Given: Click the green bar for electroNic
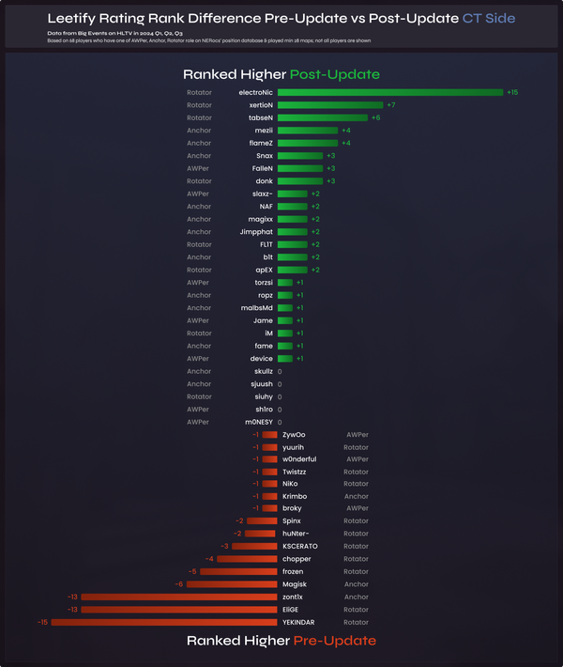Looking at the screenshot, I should pyautogui.click(x=390, y=92).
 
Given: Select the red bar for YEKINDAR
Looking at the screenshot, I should pyautogui.click(x=164, y=622).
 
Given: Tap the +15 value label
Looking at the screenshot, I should pyautogui.click(x=512, y=92).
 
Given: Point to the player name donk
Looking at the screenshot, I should pyautogui.click(x=264, y=180).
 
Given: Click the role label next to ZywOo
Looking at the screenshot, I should pyautogui.click(x=357, y=435).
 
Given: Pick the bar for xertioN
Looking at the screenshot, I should pyautogui.click(x=330, y=105).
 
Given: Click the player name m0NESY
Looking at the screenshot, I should pyautogui.click(x=259, y=423).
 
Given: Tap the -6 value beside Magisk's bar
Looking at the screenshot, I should pyautogui.click(x=178, y=584).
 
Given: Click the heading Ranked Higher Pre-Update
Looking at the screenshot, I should pyautogui.click(x=281, y=641).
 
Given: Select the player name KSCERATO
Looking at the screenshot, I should pyautogui.click(x=301, y=546).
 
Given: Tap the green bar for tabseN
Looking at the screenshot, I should pyautogui.click(x=323, y=117).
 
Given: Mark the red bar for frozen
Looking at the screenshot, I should pyautogui.click(x=238, y=571).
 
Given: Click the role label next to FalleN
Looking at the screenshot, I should pyautogui.click(x=198, y=168).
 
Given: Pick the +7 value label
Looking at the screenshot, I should pyautogui.click(x=390, y=105).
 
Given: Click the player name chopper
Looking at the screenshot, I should pyautogui.click(x=297, y=559).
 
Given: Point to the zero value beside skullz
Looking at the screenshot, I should pyautogui.click(x=280, y=372).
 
